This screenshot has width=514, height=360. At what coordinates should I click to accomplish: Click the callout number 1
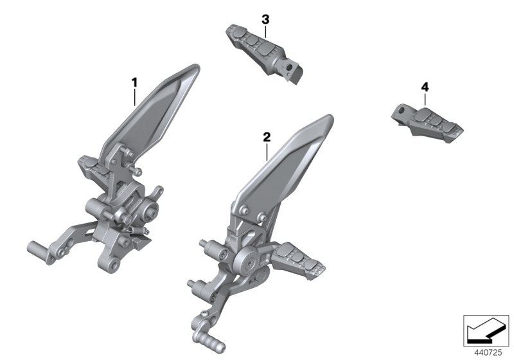134,82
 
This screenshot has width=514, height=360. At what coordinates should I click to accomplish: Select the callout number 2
267,137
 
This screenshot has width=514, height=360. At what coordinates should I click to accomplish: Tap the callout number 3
265,20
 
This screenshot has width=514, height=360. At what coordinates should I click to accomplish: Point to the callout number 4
425,86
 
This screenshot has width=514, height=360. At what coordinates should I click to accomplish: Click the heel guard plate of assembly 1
151,109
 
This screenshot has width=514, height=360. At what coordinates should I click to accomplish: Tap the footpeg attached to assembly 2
299,260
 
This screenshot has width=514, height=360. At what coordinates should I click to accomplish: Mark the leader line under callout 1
134,96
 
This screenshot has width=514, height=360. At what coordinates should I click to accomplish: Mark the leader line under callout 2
267,152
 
